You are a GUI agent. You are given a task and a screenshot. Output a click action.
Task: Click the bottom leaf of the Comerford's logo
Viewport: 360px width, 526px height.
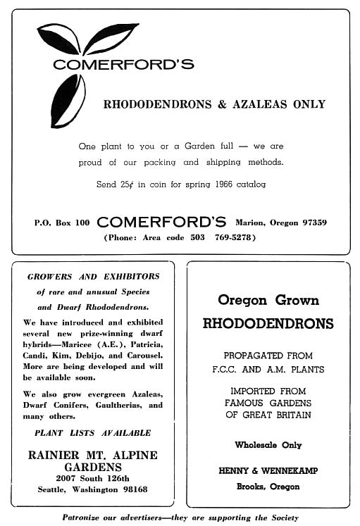pos(68,100)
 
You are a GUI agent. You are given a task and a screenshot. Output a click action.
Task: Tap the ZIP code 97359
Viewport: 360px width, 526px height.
pos(311,223)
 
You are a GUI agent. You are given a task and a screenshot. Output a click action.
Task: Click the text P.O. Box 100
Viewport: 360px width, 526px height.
pos(62,223)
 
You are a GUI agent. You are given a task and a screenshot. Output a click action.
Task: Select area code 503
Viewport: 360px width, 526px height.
pos(197,237)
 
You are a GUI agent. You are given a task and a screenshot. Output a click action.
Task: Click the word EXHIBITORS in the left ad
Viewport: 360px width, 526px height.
pos(127,277)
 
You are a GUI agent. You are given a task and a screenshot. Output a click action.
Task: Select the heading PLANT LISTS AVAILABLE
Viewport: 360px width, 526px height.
pos(92,433)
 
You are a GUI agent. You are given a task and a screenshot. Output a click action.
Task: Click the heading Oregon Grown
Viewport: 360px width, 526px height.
pos(268,300)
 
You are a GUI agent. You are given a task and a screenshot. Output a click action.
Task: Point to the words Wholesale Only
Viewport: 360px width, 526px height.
pos(268,445)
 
